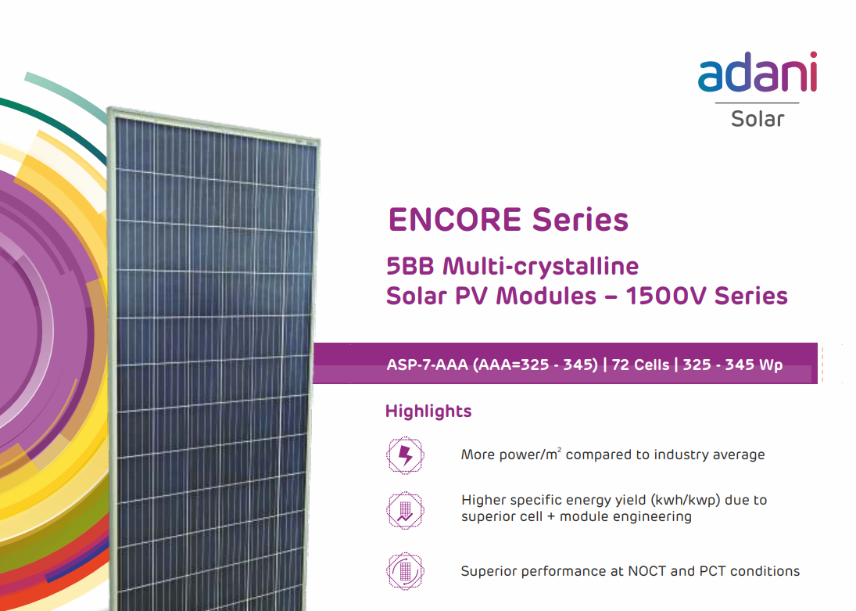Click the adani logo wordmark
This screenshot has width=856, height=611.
758,72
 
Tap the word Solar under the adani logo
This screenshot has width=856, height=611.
758,119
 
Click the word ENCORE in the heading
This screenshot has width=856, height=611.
455,220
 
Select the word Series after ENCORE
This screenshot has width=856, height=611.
580,220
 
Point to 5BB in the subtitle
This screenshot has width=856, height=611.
410,267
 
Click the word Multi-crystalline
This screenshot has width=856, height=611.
540,267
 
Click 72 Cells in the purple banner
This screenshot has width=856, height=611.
640,365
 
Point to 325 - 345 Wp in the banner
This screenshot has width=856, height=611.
732,365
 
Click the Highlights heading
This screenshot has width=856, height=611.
428,411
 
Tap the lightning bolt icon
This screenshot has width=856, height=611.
405,455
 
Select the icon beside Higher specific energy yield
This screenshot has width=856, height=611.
405,511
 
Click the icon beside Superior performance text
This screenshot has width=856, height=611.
405,571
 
